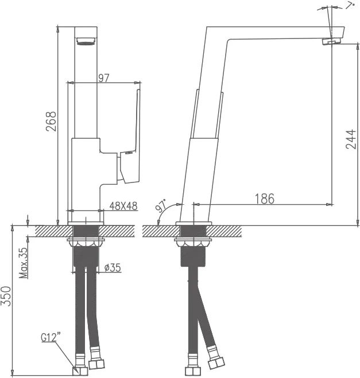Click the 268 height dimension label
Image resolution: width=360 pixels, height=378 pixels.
(51, 121)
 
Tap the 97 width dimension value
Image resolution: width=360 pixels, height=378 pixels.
(104, 78)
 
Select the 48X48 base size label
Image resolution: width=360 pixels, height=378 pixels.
(123, 206)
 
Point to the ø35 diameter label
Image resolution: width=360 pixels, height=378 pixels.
(113, 268)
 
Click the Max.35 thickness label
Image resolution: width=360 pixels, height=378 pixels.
(24, 263)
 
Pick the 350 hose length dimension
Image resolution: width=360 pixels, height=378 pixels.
(6, 296)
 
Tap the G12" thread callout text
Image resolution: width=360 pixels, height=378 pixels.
(51, 337)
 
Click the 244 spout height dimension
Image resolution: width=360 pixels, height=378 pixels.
(351, 139)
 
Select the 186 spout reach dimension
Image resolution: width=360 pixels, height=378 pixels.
(265, 198)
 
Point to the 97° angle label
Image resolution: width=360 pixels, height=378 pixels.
(161, 205)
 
